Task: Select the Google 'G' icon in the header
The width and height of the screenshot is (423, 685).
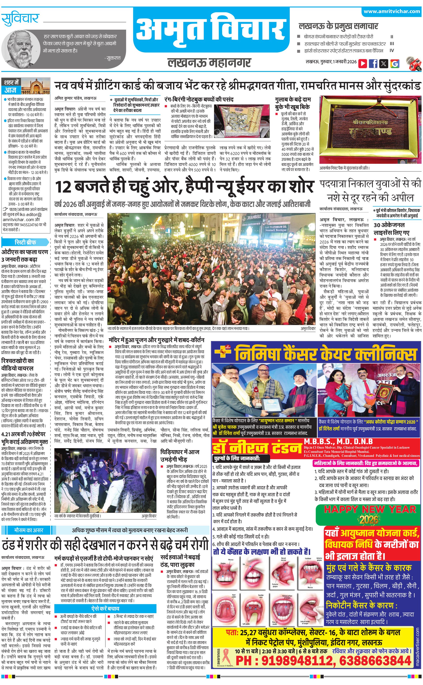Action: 394,63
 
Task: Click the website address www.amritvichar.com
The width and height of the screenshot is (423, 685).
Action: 391,12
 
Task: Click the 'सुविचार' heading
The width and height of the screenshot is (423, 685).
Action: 20,19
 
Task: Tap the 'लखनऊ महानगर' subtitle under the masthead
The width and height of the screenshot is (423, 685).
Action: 209,62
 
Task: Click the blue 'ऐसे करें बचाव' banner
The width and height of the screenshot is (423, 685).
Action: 105,608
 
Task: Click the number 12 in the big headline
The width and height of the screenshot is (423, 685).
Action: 63,187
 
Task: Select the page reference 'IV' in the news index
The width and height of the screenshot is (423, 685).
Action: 392,51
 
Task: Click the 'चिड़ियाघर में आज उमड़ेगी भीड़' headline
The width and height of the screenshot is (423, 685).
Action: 180,455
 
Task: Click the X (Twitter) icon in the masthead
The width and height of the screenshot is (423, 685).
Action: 384,63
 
